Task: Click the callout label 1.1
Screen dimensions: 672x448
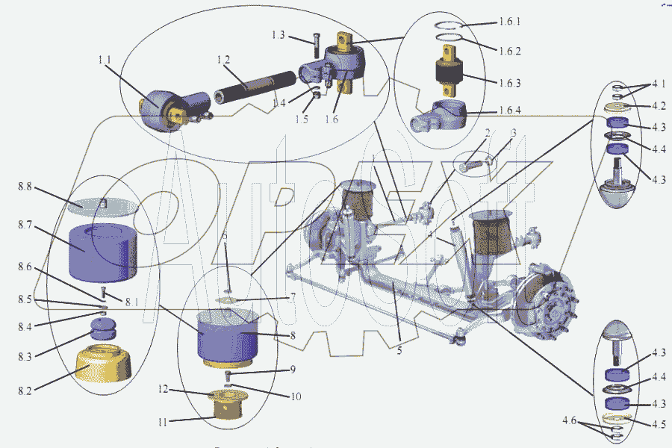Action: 104,59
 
